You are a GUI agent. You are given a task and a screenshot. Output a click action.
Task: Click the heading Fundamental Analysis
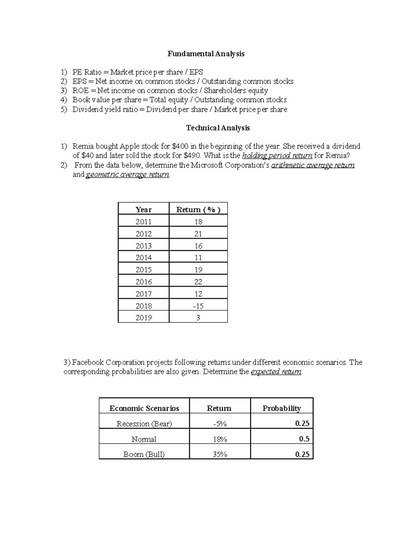pos(206,54)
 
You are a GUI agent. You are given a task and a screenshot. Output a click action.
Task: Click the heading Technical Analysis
pos(218,128)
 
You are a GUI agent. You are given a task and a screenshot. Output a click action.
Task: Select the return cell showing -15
pos(198,306)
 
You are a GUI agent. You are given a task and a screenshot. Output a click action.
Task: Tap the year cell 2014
pos(144,258)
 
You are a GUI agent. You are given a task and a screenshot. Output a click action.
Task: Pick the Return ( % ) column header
pos(198,210)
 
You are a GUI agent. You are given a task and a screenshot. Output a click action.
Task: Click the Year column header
pos(144,210)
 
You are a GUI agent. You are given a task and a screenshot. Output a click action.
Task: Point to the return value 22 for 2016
pos(198,282)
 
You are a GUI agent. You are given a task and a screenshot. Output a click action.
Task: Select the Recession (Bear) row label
pos(144,424)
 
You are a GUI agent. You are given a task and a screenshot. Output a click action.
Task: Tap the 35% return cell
pos(220,454)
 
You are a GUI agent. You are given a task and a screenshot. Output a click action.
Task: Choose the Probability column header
pos(282,408)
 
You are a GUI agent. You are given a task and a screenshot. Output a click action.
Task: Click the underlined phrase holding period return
pos(277,156)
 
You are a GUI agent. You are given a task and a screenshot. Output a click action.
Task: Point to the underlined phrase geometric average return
pos(127,175)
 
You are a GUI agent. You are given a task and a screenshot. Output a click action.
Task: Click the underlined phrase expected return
pos(276,372)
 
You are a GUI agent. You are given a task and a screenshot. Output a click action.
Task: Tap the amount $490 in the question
pos(192,156)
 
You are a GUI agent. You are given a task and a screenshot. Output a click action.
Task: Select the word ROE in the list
pos(80,91)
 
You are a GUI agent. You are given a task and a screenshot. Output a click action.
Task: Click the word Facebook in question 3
pos(86,363)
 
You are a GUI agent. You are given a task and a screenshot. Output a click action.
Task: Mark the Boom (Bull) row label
pos(144,454)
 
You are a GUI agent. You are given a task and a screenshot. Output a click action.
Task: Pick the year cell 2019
pos(144,318)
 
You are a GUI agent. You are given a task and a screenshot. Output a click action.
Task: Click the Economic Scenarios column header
pos(144,408)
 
